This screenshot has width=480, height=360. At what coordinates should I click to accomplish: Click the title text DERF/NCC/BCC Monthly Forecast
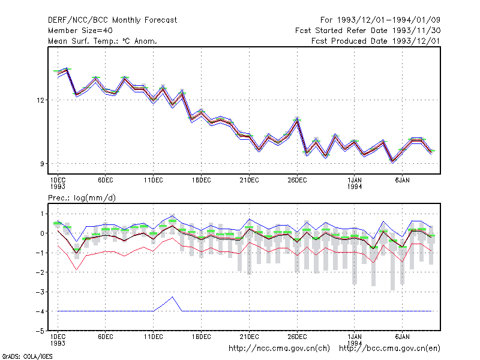tap(112, 20)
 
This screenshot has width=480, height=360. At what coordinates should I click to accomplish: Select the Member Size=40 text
tap(80, 31)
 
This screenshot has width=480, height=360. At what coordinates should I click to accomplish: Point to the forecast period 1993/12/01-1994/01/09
tap(388, 20)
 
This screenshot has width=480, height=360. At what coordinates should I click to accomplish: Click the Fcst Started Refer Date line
tap(368, 31)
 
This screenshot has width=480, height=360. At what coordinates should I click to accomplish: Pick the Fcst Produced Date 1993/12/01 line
tap(376, 41)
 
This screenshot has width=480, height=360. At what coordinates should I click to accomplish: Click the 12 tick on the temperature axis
tap(40, 100)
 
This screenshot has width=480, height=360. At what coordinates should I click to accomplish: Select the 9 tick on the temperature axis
tap(42, 164)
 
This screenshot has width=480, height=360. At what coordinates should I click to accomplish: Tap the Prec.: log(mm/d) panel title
tap(82, 198)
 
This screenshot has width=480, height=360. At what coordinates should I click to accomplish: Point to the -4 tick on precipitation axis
tap(40, 311)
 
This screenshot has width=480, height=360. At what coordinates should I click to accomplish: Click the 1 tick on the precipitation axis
tap(42, 214)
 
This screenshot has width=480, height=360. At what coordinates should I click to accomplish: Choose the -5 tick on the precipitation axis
tap(40, 331)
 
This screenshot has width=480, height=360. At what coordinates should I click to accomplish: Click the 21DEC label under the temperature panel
tap(249, 181)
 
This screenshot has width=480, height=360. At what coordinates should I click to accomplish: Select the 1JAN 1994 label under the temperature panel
tap(355, 183)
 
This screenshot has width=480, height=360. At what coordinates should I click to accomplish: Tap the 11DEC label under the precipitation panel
tap(154, 337)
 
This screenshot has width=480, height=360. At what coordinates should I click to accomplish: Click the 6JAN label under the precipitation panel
tap(402, 337)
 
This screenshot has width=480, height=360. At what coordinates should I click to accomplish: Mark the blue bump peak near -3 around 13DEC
tap(173, 297)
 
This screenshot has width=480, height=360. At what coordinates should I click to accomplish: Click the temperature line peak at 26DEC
tap(297, 120)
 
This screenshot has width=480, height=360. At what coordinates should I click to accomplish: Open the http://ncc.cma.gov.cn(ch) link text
tap(279, 349)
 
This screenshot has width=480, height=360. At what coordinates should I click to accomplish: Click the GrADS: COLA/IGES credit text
tap(27, 356)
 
